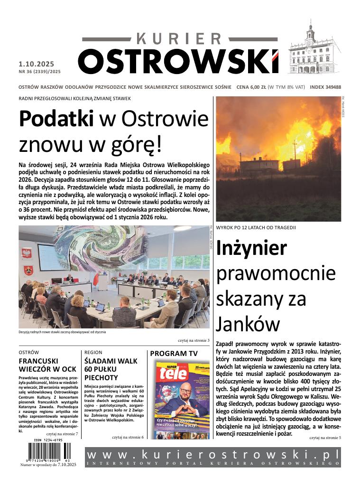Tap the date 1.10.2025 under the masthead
(x=37, y=64)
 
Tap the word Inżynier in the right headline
(x=252, y=249)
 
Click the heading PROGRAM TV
(x=174, y=354)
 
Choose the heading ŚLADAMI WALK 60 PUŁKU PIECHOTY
(x=111, y=369)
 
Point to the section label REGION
(x=93, y=353)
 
